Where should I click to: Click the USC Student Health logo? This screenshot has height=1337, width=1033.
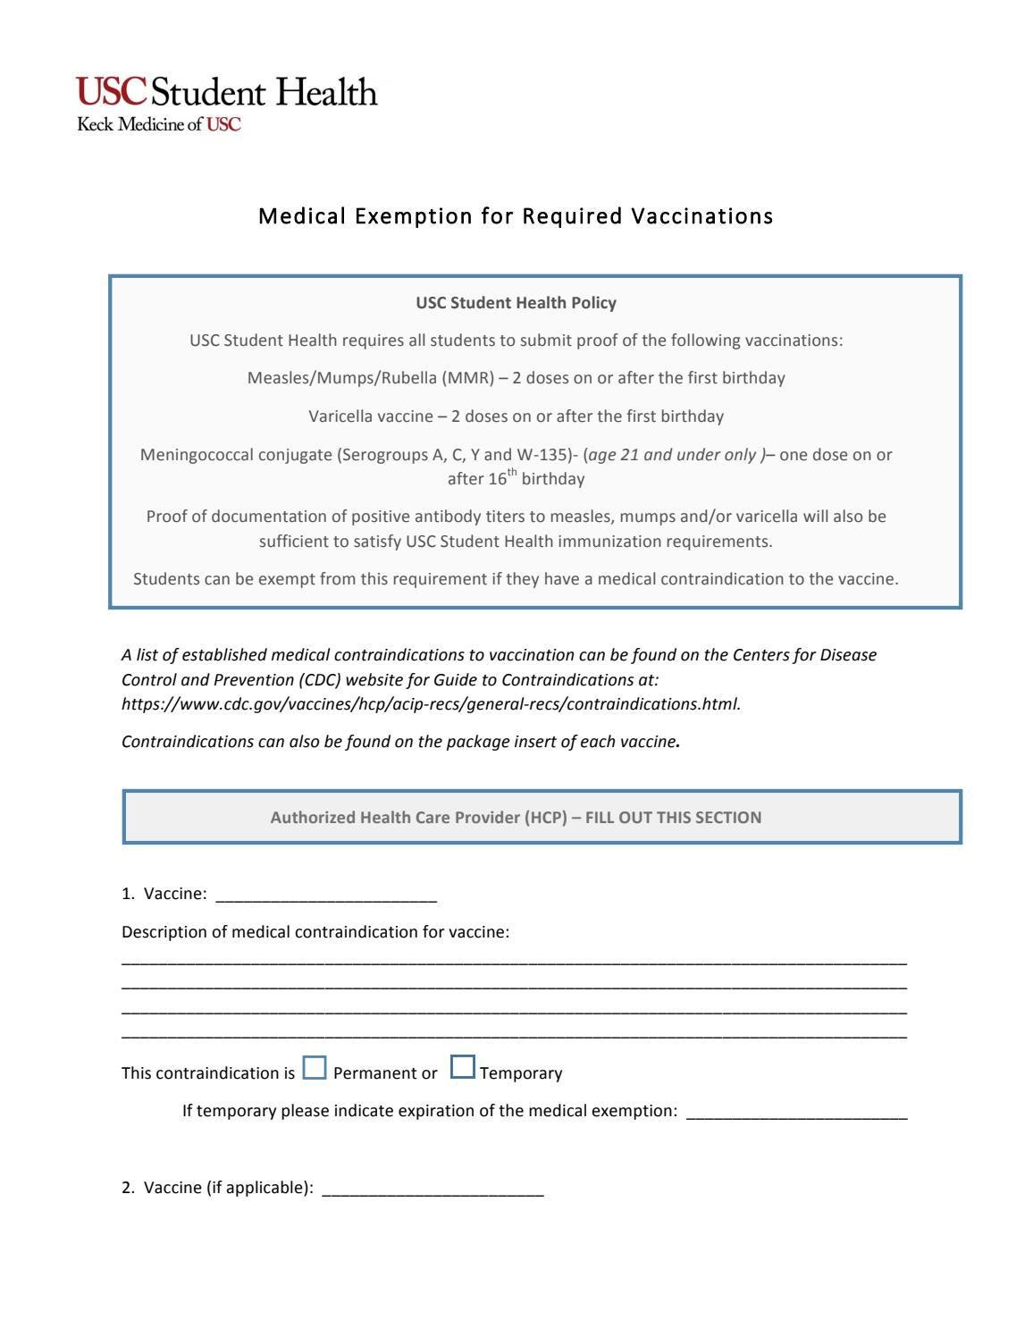(x=227, y=93)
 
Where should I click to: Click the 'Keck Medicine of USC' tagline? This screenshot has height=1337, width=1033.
(x=159, y=124)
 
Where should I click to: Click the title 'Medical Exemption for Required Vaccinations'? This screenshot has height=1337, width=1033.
(x=516, y=216)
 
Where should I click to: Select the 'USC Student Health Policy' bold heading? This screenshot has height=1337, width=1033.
(x=516, y=303)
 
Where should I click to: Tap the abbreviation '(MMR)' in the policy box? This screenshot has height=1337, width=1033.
(x=467, y=378)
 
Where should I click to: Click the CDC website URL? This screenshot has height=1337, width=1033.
(x=431, y=704)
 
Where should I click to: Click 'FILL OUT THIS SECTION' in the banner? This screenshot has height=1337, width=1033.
(x=673, y=818)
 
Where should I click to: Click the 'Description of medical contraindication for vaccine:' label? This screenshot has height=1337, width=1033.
(x=315, y=932)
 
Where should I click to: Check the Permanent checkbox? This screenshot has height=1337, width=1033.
(x=315, y=1068)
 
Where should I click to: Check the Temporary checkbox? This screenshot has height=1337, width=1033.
(x=462, y=1068)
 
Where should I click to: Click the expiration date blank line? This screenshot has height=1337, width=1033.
(x=796, y=1113)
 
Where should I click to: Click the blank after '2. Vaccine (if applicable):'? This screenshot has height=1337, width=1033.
(x=433, y=1190)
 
